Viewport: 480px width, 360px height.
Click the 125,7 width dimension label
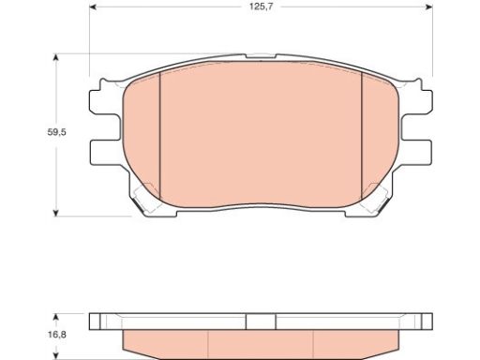coord(261,7)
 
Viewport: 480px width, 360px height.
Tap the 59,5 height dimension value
coord(56,132)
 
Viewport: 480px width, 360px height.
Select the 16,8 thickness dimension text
coord(57,335)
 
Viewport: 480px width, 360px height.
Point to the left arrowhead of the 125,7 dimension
coord(92,7)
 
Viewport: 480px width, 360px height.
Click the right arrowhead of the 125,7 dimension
coord(429,7)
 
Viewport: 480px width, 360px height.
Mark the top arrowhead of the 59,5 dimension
coord(55,57)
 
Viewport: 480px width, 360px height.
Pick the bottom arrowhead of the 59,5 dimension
coord(55,213)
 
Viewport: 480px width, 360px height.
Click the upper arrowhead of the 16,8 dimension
coord(55,317)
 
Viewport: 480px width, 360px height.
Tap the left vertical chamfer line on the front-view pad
coord(159,136)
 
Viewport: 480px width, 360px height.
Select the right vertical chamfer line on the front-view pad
coord(362,136)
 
